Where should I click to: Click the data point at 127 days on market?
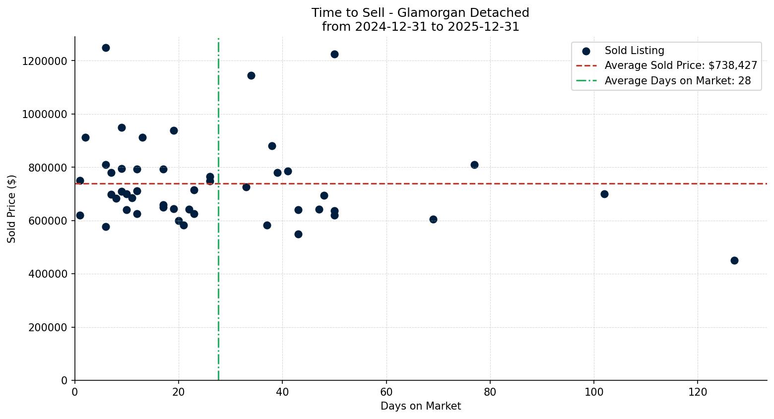[734, 260]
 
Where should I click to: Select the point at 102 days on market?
[604, 194]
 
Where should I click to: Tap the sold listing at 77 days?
[474, 165]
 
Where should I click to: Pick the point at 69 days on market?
[433, 219]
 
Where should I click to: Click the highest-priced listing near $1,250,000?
[106, 48]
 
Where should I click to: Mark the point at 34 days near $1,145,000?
[251, 75]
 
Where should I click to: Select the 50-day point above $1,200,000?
[334, 54]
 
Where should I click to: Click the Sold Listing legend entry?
[634, 51]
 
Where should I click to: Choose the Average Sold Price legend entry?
[681, 65]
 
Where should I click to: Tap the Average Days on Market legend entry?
[677, 81]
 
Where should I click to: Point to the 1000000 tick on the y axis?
[45, 114]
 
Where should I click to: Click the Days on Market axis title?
[421, 406]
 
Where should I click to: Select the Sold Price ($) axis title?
[12, 209]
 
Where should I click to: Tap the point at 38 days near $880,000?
[272, 146]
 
